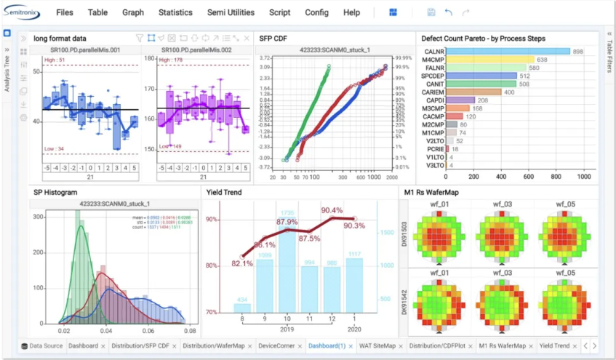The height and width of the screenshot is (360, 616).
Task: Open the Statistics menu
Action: point(175,12)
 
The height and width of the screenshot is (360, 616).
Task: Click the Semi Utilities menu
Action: point(231,12)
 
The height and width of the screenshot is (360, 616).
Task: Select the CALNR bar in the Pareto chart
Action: point(508,51)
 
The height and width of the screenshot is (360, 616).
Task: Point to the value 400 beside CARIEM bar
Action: point(509,92)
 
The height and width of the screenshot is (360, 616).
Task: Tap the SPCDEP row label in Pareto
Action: point(433,76)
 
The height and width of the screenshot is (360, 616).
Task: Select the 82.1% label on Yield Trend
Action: point(242,264)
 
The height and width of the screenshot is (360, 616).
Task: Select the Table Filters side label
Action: point(609,57)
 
